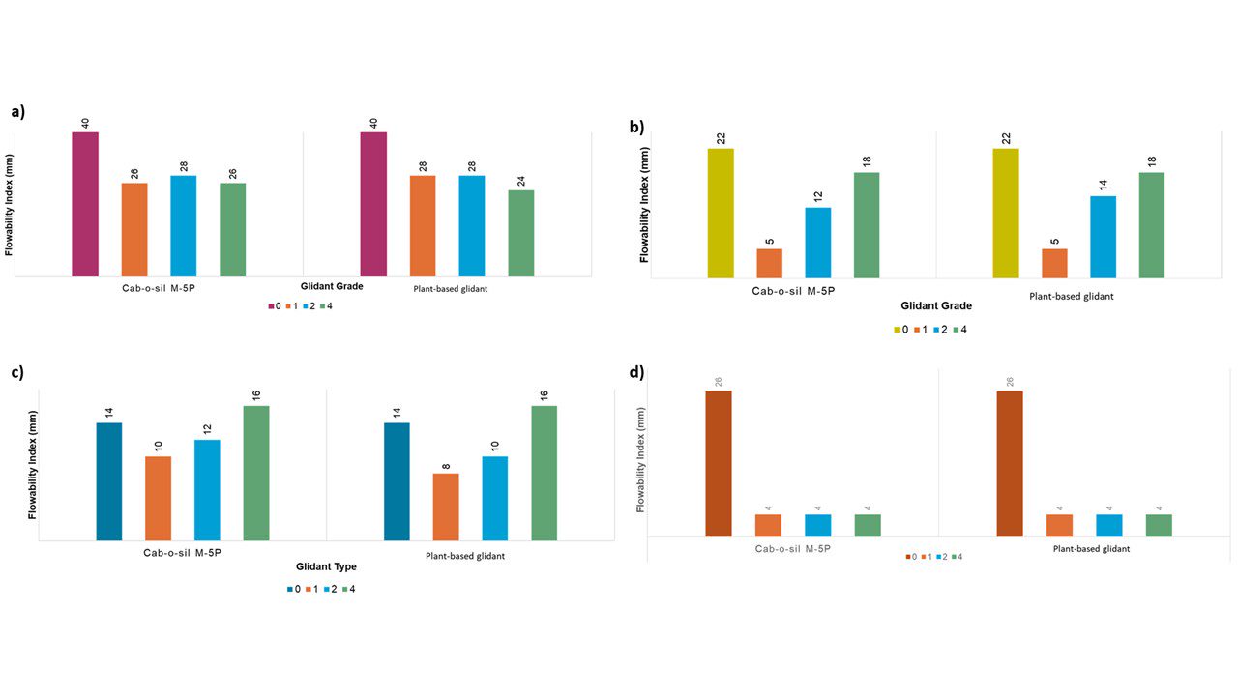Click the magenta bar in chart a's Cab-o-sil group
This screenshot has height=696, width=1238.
[85, 204]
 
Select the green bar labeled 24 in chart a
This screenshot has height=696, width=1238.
[520, 233]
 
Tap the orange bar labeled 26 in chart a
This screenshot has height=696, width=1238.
[134, 229]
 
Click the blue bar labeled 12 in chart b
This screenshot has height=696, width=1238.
[817, 243]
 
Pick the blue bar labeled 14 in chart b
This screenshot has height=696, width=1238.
[1104, 237]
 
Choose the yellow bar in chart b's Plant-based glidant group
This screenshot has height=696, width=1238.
[1005, 213]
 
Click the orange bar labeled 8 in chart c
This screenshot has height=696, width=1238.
[446, 507]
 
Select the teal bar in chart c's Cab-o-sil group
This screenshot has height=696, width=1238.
[109, 481]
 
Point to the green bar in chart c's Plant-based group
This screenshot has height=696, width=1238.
[544, 473]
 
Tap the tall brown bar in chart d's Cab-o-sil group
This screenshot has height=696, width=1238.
[719, 463]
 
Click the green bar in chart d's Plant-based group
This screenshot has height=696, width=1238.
[1159, 525]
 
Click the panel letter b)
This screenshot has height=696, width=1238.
[636, 127]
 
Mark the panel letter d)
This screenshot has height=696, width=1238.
[636, 372]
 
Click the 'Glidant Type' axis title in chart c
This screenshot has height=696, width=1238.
[326, 566]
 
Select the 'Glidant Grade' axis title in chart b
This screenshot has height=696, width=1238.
[936, 306]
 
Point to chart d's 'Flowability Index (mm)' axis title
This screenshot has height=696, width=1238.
[640, 459]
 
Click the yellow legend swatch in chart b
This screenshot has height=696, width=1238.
[897, 330]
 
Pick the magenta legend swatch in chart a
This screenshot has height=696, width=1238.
[272, 306]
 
